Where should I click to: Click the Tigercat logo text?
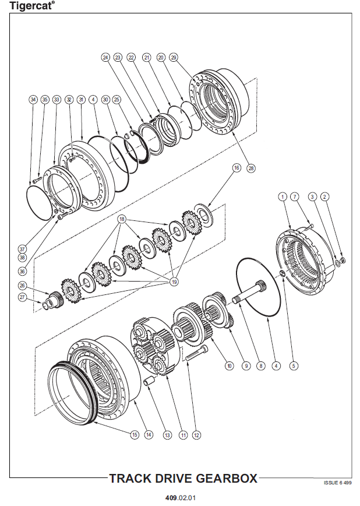point(31,5)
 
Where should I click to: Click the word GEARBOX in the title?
point(227,478)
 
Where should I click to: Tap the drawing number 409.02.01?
point(181,498)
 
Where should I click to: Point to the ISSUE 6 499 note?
point(338,483)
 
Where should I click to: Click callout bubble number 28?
point(250,168)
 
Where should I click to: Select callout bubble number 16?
point(237,168)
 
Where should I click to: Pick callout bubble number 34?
point(33,99)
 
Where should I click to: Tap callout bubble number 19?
point(174,282)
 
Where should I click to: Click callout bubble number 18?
point(122,219)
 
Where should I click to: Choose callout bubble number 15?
point(135,435)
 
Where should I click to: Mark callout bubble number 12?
point(196,435)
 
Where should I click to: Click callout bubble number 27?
point(22,297)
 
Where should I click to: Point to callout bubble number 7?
point(295,196)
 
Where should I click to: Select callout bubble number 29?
point(174,58)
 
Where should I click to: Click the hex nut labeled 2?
point(343,260)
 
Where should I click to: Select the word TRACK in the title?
point(130,478)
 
